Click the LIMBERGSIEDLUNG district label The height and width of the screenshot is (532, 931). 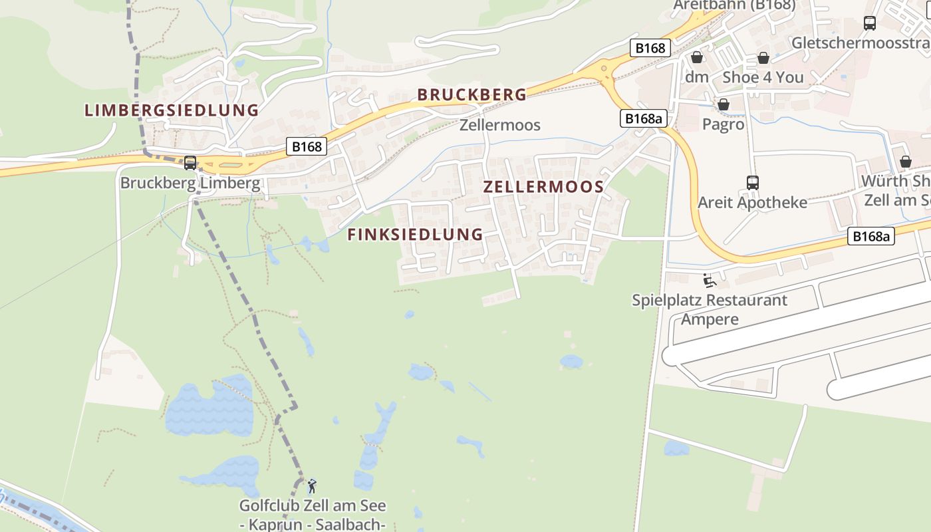pyautogui.click(x=172, y=110)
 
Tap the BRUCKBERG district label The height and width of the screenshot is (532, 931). pyautogui.click(x=472, y=94)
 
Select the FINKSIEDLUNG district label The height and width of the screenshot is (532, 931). pyautogui.click(x=415, y=234)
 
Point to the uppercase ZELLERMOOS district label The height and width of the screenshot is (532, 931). pyautogui.click(x=543, y=187)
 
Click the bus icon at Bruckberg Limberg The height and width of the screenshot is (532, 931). pyautogui.click(x=190, y=162)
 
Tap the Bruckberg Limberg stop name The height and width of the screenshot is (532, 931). pyautogui.click(x=190, y=183)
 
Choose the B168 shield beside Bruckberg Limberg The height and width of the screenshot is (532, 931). pyautogui.click(x=307, y=146)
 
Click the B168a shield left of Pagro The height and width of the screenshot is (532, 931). pyautogui.click(x=644, y=118)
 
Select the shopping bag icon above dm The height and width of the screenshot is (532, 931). pyautogui.click(x=696, y=58)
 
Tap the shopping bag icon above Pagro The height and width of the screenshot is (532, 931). pyautogui.click(x=724, y=105)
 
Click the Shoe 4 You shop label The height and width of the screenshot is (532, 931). pyautogui.click(x=763, y=77)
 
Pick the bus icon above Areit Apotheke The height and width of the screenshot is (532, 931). pyautogui.click(x=753, y=182)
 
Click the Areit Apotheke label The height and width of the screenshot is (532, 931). pyautogui.click(x=752, y=202)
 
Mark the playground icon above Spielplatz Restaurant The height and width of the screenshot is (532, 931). pyautogui.click(x=709, y=281)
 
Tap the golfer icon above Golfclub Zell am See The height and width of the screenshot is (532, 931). pyautogui.click(x=311, y=486)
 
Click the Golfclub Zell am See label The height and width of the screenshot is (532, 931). pyautogui.click(x=313, y=506)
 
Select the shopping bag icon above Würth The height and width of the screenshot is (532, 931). pyautogui.click(x=905, y=162)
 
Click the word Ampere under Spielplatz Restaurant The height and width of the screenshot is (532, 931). pyautogui.click(x=710, y=319)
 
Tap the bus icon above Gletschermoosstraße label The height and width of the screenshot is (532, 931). pyautogui.click(x=869, y=23)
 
